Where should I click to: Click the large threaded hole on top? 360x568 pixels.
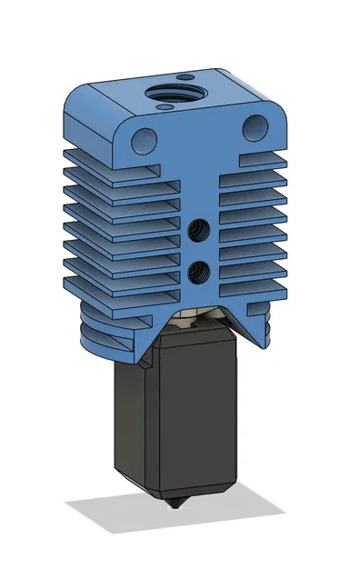point(175,94)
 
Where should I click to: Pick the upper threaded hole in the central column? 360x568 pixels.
point(198,233)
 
